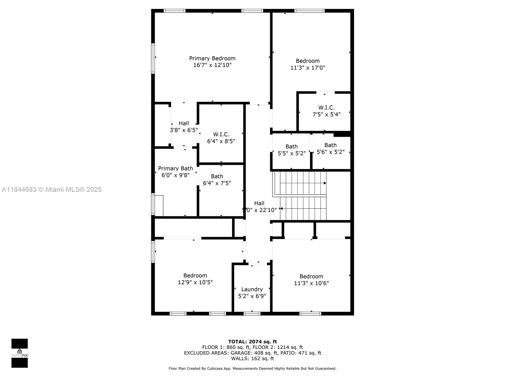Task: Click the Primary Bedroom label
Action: click(212, 58)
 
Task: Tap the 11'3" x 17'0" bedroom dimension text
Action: click(308, 68)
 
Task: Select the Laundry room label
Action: click(252, 289)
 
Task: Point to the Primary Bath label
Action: click(175, 168)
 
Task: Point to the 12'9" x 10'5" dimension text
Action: click(195, 282)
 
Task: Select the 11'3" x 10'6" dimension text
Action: click(311, 283)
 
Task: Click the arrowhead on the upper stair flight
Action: click(325, 183)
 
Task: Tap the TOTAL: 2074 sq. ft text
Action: click(252, 341)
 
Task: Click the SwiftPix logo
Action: click(20, 353)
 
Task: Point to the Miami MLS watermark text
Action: click(52, 189)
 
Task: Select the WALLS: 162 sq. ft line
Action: click(252, 358)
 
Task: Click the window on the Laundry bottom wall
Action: click(252, 313)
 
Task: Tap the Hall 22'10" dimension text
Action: click(259, 210)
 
